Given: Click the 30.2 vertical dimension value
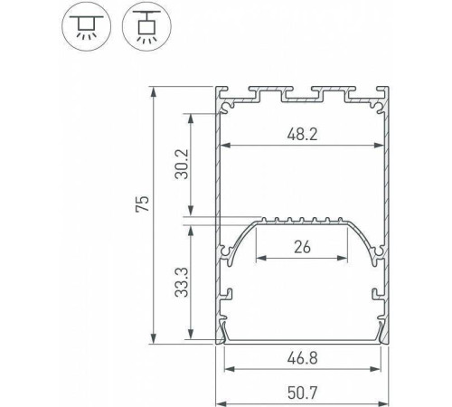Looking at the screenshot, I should coord(181,164).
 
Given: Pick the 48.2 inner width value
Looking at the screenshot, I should coord(301,134).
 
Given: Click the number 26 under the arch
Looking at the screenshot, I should coord(301,246).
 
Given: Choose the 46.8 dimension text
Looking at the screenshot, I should coord(301,357).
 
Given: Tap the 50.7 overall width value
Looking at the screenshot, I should coord(301,394).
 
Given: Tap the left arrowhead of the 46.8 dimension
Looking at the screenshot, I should coord(227,368).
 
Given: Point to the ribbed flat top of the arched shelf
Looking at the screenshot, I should coord(301,220).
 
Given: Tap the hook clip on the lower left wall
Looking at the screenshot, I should coord(227,295).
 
